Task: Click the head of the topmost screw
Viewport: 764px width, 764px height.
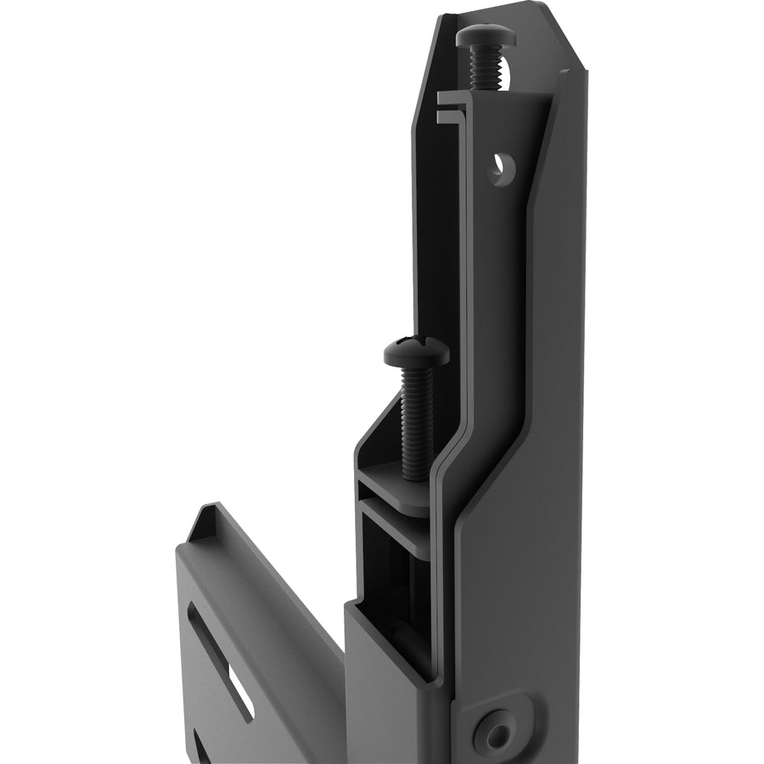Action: pyautogui.click(x=481, y=37)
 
